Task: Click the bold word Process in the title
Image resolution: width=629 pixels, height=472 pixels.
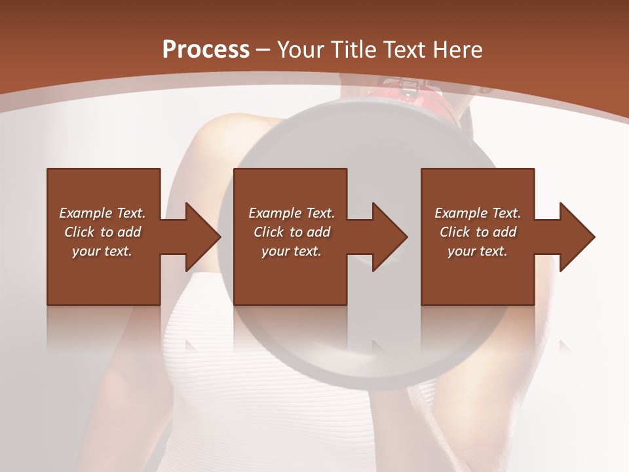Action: pos(206,49)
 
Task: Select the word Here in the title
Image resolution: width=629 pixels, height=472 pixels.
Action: pos(458,49)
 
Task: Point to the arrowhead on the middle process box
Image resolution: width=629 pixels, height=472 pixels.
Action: pos(385,237)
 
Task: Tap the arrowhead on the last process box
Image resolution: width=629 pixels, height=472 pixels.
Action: pos(573,237)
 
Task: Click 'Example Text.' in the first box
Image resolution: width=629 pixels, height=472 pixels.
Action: pos(102,213)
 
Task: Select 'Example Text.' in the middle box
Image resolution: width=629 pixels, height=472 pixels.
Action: pos(292,213)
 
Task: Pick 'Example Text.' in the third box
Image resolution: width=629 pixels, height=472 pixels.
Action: pos(478,213)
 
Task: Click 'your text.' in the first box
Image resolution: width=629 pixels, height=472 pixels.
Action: pos(102,251)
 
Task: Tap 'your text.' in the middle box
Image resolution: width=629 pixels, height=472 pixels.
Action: pos(292,251)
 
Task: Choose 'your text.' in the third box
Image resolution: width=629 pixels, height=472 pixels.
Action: pos(478,251)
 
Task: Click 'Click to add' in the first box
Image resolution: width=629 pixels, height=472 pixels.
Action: pos(102,232)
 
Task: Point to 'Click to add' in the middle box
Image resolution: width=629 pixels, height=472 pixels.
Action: pos(292,232)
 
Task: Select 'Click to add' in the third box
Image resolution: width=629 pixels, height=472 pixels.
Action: pos(478,232)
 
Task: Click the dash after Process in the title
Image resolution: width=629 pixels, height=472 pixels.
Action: pos(263,50)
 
